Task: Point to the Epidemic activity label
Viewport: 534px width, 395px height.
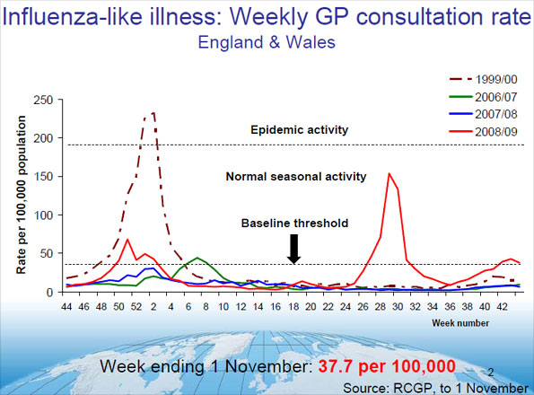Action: click(x=298, y=130)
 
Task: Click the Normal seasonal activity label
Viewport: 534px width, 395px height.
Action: click(x=296, y=177)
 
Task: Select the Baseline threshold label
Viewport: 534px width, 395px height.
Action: click(x=293, y=223)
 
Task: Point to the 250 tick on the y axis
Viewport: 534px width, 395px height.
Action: click(x=42, y=100)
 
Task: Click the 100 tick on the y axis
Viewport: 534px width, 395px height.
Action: click(x=42, y=215)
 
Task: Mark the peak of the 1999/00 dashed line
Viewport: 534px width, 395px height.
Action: click(x=153, y=113)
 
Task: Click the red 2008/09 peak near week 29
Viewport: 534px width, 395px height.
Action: click(x=390, y=173)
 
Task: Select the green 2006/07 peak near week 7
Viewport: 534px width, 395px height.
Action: click(x=198, y=258)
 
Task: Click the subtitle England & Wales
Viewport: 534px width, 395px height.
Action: click(x=267, y=42)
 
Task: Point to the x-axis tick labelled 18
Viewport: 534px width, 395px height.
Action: click(x=292, y=307)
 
